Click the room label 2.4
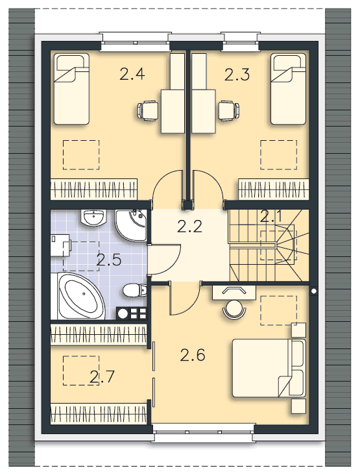click(x=132, y=74)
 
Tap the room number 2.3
click(x=237, y=74)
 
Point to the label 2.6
click(x=193, y=355)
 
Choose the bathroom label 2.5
click(x=108, y=260)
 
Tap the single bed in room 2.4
click(x=70, y=90)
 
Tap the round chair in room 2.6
click(x=234, y=310)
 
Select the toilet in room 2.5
click(x=132, y=289)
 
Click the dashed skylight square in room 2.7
click(x=80, y=369)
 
